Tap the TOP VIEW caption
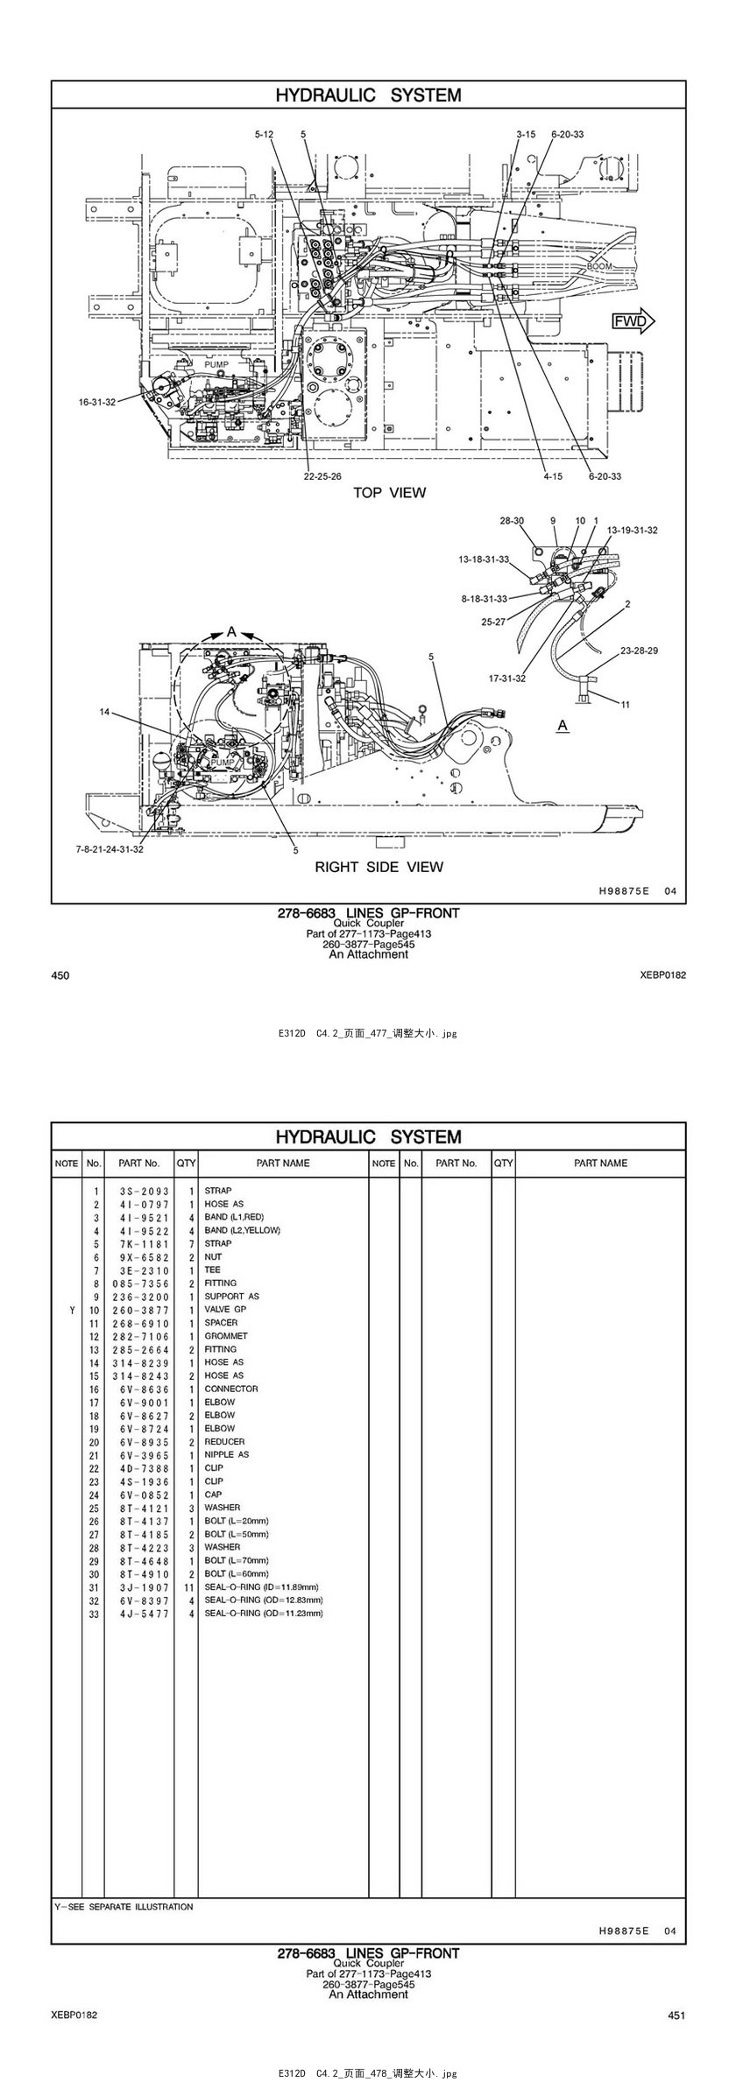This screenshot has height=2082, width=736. pos(389,492)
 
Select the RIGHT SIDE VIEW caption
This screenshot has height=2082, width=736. pos(379,867)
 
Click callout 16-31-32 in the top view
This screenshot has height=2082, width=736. pos(97,402)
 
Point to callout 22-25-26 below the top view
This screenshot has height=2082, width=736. pos(322,476)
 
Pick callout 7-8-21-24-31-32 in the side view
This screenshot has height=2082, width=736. pos(110,849)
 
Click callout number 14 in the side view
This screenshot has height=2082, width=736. pos(105,712)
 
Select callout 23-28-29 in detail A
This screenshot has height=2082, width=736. pos(639,651)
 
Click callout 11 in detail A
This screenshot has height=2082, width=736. pos(625,704)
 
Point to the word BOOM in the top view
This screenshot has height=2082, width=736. pos(600,266)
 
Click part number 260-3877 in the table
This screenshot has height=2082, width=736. pos(140,1310)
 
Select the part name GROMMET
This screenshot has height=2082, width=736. pos(226,1336)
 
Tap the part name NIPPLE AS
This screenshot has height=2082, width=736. pos(226,1454)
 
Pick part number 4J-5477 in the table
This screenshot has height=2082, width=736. pos(140,1613)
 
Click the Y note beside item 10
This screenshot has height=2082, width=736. pos(72,1310)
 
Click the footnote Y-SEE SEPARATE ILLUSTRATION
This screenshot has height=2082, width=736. pos(124,1906)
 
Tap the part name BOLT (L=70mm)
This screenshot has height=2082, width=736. pos(237,1560)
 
